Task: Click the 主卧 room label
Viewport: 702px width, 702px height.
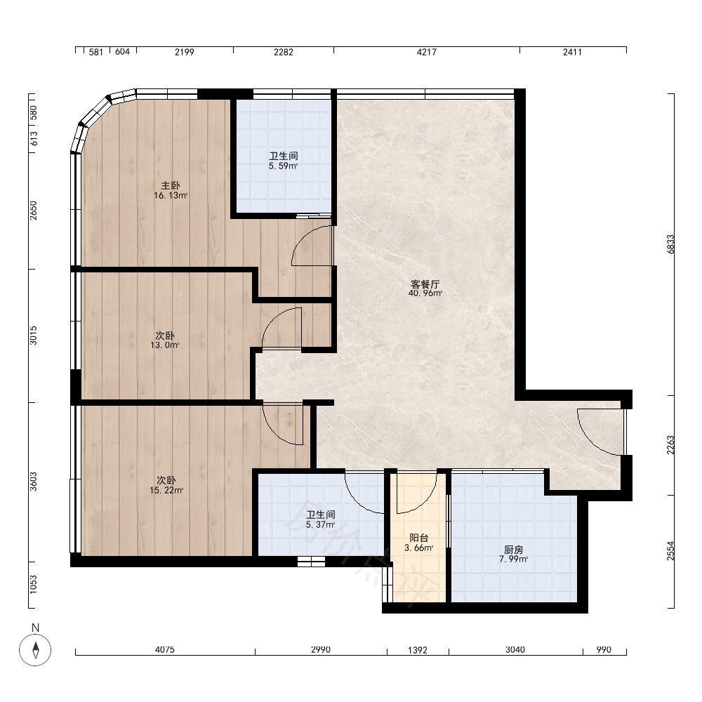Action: point(171,185)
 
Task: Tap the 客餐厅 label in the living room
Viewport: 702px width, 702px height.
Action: point(425,284)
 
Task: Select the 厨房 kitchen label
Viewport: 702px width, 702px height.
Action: point(514,550)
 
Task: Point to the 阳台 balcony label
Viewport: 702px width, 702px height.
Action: point(419,538)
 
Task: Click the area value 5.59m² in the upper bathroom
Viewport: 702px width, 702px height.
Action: point(284,166)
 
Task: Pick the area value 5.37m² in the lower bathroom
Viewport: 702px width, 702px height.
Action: point(321,524)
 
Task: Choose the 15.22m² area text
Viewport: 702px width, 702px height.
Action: point(166,490)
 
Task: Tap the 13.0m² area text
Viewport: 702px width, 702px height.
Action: point(165,345)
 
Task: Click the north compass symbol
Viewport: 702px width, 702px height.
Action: point(35,649)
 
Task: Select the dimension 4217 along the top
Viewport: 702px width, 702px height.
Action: point(427,52)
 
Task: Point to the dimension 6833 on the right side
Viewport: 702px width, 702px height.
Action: point(670,244)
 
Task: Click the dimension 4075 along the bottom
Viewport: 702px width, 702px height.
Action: point(165,649)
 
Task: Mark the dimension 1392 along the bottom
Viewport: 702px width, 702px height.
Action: point(418,649)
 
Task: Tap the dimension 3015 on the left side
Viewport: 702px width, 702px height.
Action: point(34,336)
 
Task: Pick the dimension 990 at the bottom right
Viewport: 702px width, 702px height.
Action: point(604,649)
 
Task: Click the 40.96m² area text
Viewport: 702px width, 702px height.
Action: point(425,293)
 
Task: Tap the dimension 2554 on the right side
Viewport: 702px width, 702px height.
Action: point(670,551)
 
